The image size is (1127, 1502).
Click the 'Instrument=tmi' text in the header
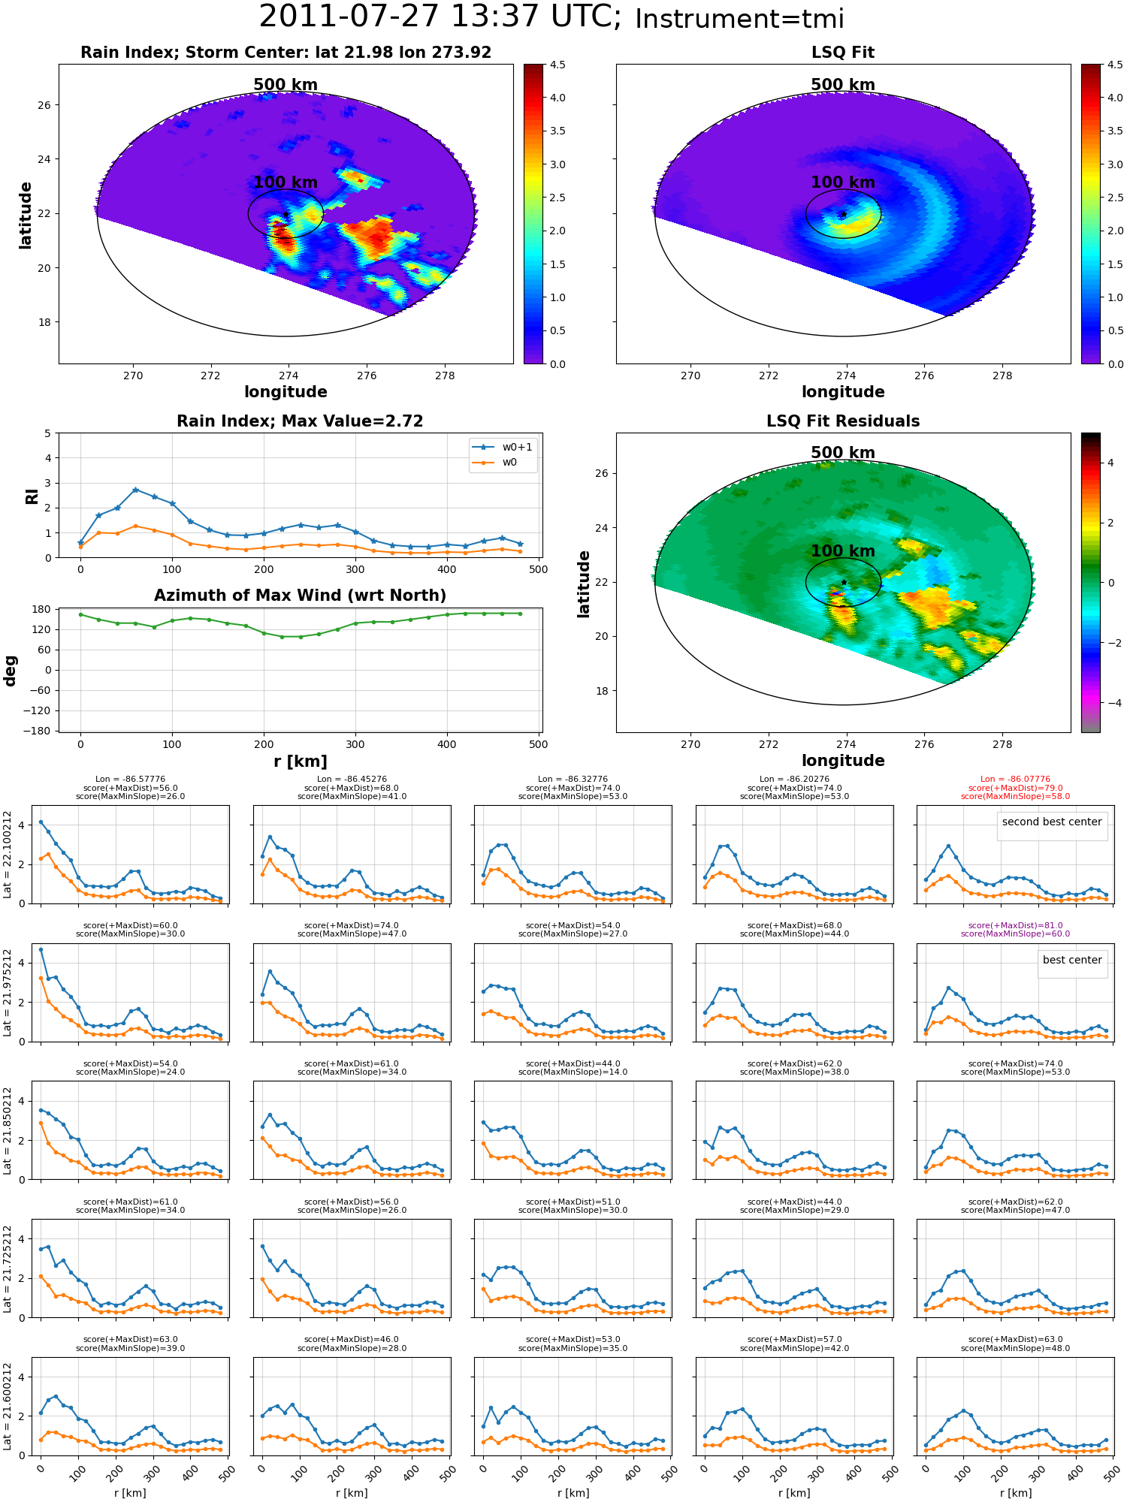pos(739,20)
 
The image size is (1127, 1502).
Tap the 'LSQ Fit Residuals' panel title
pos(843,421)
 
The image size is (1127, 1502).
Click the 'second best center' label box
pos(1052,822)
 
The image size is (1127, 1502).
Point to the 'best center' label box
pos(1072,960)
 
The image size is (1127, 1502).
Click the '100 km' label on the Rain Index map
pos(286,182)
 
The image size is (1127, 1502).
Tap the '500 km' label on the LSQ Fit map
pos(843,85)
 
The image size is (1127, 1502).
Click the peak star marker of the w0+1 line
pos(135,490)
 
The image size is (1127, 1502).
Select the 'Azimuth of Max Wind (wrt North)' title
pos(300,596)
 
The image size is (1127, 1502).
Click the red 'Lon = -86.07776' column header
pos(1015,780)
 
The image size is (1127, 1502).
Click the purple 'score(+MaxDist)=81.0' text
pos(1015,925)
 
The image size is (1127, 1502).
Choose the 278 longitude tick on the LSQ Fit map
pos(1002,375)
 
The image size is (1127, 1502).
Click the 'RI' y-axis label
pos(32,496)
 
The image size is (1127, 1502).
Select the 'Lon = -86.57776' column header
pos(130,780)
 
